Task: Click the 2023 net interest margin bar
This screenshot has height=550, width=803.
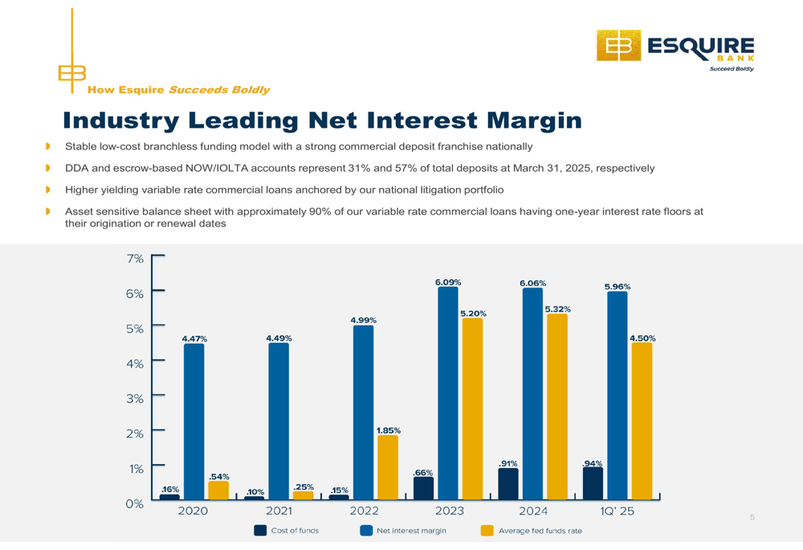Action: (448, 393)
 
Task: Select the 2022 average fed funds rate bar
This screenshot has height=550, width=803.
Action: (388, 467)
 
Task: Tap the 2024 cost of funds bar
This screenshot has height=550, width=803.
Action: (508, 484)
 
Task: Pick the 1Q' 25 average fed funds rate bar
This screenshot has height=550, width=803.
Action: (642, 421)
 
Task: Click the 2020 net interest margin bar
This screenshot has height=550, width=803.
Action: (194, 422)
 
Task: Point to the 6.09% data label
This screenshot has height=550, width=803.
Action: (448, 282)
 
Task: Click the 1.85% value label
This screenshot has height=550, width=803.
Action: (389, 430)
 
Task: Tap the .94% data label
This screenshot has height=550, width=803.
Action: (593, 463)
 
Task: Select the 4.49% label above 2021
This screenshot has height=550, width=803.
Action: (279, 339)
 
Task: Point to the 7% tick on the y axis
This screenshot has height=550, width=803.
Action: (135, 259)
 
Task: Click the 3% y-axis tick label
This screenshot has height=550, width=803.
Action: (135, 398)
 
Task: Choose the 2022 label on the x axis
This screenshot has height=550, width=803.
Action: (364, 511)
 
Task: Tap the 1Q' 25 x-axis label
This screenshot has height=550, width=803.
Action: (617, 511)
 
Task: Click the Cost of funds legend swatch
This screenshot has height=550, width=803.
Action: (260, 531)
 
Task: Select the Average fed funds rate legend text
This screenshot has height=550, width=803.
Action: (540, 531)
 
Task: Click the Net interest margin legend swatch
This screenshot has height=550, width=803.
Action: (366, 531)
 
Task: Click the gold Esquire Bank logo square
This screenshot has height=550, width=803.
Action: (618, 46)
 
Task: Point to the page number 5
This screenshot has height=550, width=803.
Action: (752, 517)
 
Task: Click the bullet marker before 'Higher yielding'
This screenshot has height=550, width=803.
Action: (48, 189)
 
